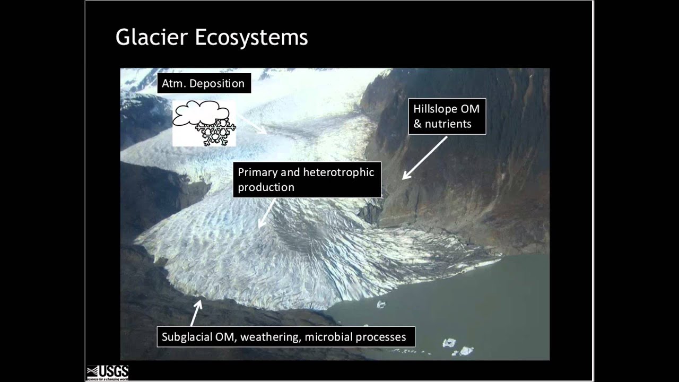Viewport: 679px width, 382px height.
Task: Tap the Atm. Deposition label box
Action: coord(203,84)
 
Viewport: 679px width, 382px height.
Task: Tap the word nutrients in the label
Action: coord(448,124)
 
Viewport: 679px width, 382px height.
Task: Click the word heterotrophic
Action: coord(339,172)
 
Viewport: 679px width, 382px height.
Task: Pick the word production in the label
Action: coord(266,187)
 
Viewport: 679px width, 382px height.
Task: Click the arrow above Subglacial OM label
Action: coord(196,312)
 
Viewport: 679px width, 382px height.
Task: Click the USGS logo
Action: coord(108,372)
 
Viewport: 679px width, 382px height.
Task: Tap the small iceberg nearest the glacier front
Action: coord(380,305)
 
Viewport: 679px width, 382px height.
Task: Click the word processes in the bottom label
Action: coord(381,337)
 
